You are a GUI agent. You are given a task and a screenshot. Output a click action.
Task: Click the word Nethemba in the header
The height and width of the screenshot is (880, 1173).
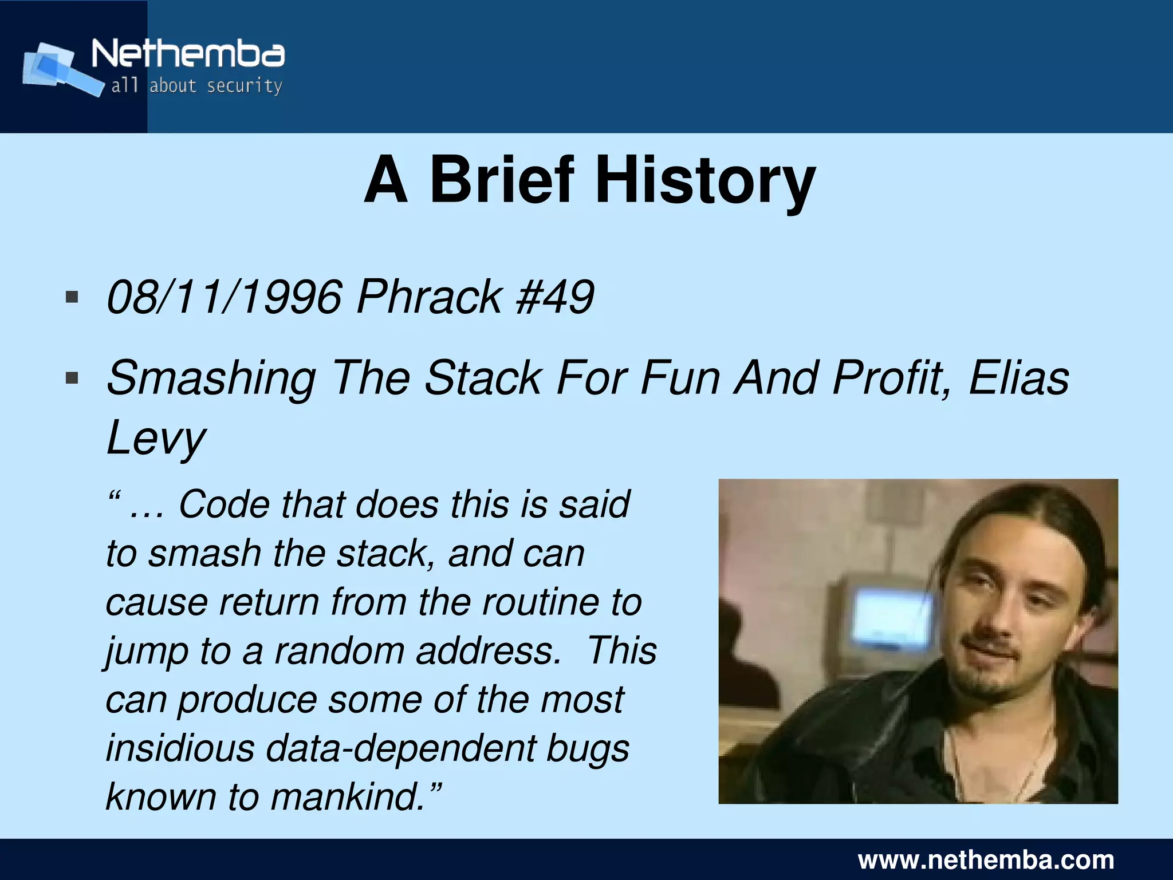pos(188,54)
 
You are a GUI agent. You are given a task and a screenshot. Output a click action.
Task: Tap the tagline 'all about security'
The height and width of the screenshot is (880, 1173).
pos(196,86)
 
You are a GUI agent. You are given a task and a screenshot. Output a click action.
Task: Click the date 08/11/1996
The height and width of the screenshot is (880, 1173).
pos(225,297)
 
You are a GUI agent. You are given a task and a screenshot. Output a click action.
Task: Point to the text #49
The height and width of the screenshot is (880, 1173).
pos(554,297)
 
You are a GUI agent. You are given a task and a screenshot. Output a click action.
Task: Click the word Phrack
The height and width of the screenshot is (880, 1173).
pos(429,297)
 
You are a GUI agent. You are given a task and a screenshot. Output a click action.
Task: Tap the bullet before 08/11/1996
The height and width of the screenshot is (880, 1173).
pos(72,297)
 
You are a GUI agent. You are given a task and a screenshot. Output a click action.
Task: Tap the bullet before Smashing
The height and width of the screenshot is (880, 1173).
pos(72,378)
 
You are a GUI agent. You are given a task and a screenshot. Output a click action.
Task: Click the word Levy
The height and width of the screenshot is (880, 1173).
pos(156,439)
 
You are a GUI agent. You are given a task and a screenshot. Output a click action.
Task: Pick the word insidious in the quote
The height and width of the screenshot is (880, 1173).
pos(180,748)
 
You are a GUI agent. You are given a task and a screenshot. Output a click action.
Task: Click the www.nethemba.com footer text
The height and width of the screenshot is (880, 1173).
pos(986,860)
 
